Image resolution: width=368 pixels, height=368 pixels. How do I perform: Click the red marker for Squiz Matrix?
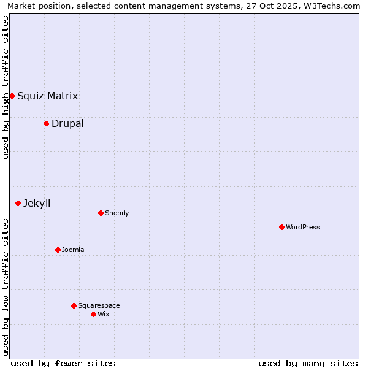pyautogui.click(x=12, y=96)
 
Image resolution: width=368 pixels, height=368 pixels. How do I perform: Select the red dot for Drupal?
pyautogui.click(x=46, y=123)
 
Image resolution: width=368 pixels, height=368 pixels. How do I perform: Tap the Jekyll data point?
pyautogui.click(x=18, y=203)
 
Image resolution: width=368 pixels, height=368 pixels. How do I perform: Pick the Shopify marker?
pyautogui.click(x=101, y=213)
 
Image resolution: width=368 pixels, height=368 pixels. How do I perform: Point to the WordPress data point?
pyautogui.click(x=282, y=227)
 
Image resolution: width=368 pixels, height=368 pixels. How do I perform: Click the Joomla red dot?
pyautogui.click(x=58, y=250)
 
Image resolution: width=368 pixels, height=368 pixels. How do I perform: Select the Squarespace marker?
pyautogui.click(x=74, y=305)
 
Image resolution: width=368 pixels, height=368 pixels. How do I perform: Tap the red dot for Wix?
pyautogui.click(x=93, y=314)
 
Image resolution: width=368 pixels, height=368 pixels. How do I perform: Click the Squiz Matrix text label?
pyautogui.click(x=47, y=96)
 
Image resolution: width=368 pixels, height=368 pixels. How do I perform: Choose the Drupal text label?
pyautogui.click(x=67, y=123)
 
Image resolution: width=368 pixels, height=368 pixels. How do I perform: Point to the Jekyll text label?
pyautogui.click(x=37, y=203)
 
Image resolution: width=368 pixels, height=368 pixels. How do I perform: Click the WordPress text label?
pyautogui.click(x=303, y=227)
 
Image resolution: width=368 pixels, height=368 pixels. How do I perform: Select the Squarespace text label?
pyautogui.click(x=99, y=305)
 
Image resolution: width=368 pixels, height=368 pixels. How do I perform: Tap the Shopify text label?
pyautogui.click(x=117, y=213)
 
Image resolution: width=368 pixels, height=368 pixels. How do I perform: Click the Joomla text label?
pyautogui.click(x=73, y=250)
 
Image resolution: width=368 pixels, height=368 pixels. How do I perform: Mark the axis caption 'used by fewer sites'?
pyautogui.click(x=63, y=363)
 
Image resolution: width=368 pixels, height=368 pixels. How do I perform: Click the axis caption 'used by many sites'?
pyautogui.click(x=308, y=363)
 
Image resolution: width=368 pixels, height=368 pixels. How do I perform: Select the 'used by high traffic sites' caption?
pyautogui.click(x=6, y=87)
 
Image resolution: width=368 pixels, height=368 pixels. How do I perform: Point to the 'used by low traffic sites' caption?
pyautogui.click(x=6, y=287)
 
